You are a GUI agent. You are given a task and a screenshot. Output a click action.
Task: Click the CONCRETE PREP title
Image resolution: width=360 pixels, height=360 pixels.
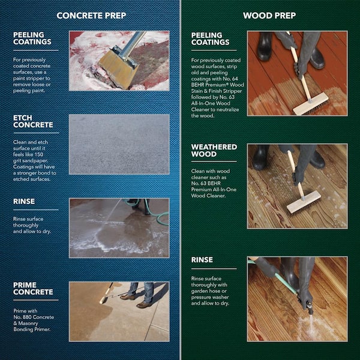(91, 15)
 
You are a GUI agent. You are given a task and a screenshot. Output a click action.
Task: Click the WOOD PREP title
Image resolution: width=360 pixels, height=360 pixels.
(269, 15)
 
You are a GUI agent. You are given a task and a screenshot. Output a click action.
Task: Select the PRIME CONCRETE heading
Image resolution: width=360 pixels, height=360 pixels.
(33, 288)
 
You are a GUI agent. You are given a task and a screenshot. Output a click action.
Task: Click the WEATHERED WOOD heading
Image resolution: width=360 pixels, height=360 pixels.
(214, 150)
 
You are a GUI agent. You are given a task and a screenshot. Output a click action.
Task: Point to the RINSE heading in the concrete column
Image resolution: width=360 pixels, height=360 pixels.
(24, 202)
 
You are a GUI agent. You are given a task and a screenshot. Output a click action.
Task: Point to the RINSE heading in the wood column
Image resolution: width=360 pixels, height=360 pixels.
(202, 260)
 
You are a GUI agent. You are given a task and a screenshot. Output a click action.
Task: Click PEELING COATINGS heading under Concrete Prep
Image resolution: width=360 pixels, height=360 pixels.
(32, 38)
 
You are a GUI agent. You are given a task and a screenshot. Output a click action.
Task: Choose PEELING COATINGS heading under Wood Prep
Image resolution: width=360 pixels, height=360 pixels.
(210, 38)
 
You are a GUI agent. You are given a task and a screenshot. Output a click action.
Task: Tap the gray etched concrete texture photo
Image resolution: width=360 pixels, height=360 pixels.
(119, 144)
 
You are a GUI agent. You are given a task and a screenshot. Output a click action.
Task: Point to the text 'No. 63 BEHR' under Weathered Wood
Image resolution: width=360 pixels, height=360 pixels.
(207, 189)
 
